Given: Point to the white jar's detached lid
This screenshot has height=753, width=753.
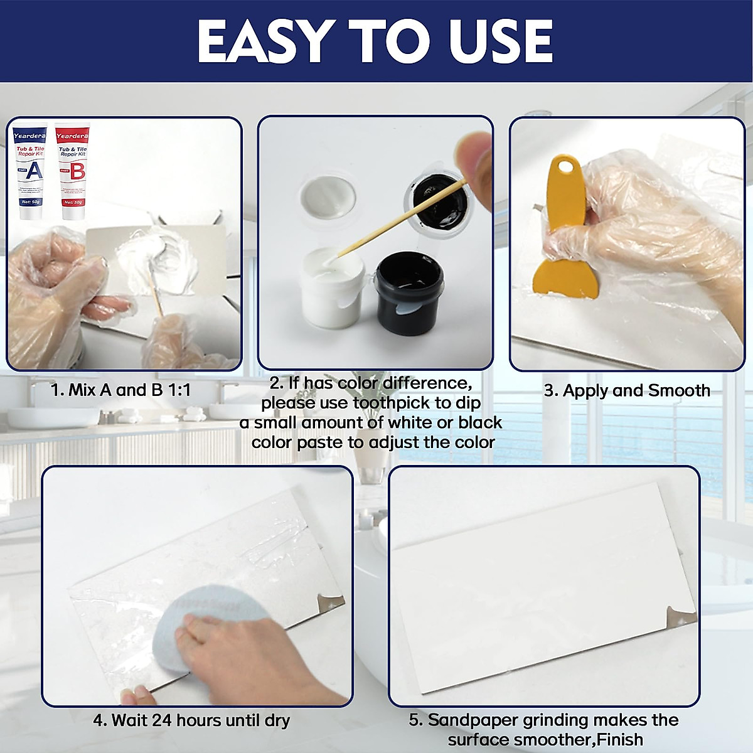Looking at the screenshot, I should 328,197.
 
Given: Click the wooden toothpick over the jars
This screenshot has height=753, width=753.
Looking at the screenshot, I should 402,216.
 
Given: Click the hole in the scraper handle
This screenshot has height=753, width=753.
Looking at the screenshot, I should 568,168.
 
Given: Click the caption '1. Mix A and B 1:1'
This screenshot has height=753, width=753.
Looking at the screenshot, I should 120,390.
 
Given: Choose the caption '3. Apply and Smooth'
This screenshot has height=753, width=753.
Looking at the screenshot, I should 627,390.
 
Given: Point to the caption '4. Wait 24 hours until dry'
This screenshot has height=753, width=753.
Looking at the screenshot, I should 191,720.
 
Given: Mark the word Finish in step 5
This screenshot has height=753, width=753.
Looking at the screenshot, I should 619,739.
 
